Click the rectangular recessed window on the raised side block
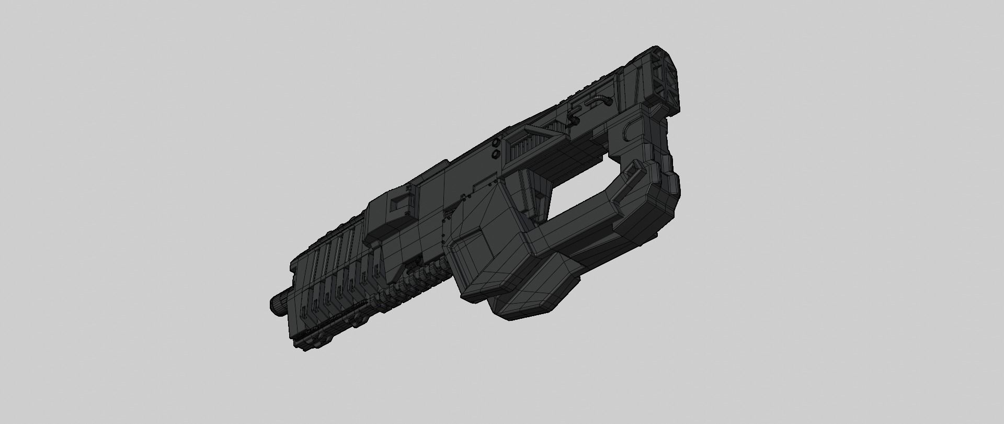(x=403, y=201)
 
